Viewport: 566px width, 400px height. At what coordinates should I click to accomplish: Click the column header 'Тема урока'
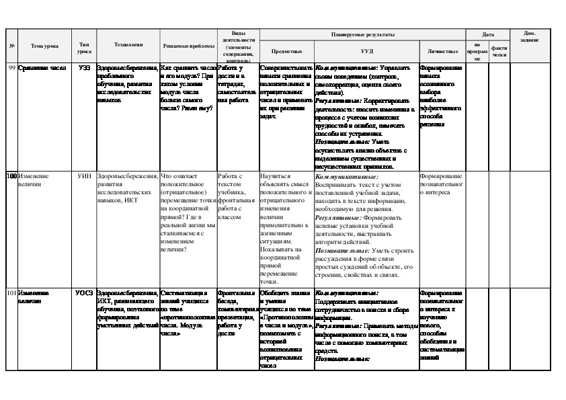pyautogui.click(x=44, y=45)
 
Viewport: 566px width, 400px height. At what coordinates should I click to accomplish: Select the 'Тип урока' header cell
pyautogui.click(x=84, y=45)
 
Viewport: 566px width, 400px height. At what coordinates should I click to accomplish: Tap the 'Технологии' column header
pyautogui.click(x=128, y=44)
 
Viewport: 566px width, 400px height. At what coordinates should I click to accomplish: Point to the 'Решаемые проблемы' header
pyautogui.click(x=188, y=45)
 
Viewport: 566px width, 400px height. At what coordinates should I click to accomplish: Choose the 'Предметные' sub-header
pyautogui.click(x=286, y=50)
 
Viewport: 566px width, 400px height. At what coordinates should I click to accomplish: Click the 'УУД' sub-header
pyautogui.click(x=366, y=50)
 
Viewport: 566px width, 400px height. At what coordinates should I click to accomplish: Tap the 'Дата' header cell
pyautogui.click(x=488, y=34)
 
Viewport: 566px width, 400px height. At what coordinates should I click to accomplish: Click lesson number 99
pyautogui.click(x=11, y=69)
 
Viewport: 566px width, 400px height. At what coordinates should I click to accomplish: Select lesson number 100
pyautogui.click(x=11, y=175)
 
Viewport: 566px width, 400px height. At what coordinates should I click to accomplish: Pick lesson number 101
pyautogui.click(x=11, y=294)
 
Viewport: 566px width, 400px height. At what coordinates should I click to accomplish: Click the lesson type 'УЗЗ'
pyautogui.click(x=84, y=69)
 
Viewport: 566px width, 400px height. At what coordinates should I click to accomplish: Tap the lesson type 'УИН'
pyautogui.click(x=84, y=175)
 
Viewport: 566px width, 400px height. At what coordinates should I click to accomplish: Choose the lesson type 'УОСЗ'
pyautogui.click(x=84, y=294)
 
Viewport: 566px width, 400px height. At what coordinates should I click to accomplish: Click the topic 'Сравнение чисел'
pyautogui.click(x=42, y=69)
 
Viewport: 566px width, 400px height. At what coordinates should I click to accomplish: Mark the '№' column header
pyautogui.click(x=11, y=45)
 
